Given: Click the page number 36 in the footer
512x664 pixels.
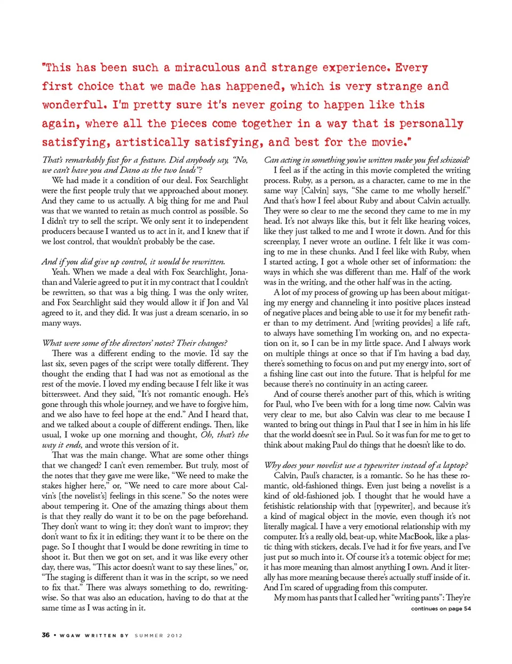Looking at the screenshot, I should coord(46,635).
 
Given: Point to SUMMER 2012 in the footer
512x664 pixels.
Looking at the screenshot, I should coord(158,636).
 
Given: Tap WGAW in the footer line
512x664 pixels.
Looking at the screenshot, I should coord(70,636).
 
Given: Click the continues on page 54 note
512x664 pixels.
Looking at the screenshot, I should coord(441,609).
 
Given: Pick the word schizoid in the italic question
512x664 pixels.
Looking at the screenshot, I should coord(455,160).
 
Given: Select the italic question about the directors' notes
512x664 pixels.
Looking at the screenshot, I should coord(134,343).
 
